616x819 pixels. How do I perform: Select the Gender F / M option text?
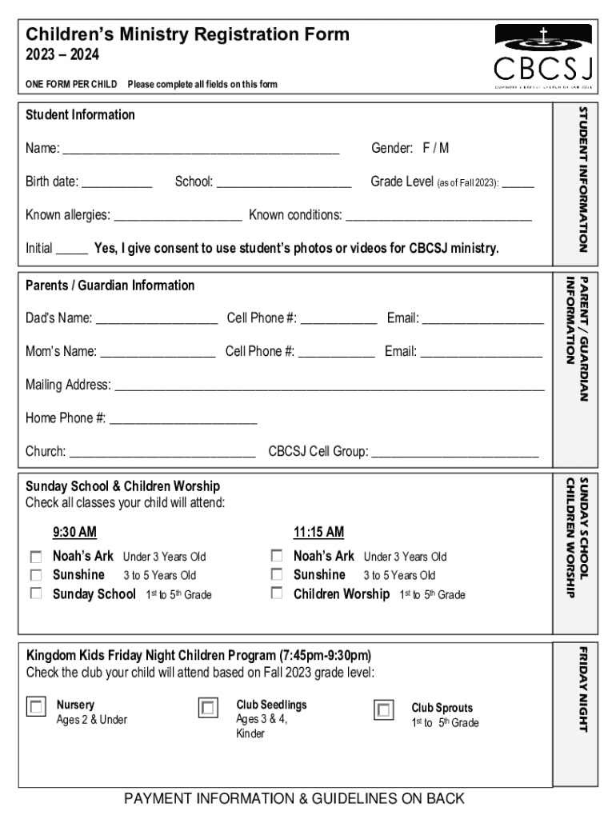click(x=435, y=148)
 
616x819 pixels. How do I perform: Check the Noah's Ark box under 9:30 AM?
click(x=36, y=556)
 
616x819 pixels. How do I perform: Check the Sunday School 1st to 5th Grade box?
click(x=36, y=593)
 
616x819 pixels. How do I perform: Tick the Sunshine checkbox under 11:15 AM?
click(x=277, y=574)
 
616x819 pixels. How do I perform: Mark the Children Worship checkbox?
click(x=277, y=593)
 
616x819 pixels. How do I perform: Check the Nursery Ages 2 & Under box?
click(x=37, y=707)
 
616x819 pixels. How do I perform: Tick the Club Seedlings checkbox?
click(x=208, y=708)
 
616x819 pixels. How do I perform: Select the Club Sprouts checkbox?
click(x=384, y=709)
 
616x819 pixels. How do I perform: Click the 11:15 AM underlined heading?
click(x=318, y=533)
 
